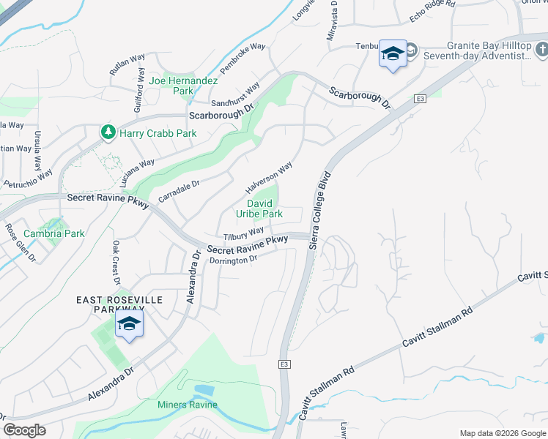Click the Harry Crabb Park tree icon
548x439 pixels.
click(x=108, y=132)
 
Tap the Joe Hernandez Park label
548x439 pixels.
click(x=171, y=86)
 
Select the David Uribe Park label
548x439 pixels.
click(x=259, y=209)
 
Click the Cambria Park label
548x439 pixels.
click(x=54, y=233)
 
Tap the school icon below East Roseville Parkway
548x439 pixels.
click(x=129, y=324)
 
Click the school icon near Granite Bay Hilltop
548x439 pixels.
click(x=393, y=54)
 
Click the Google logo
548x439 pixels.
click(x=24, y=430)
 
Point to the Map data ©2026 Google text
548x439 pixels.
click(x=502, y=433)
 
